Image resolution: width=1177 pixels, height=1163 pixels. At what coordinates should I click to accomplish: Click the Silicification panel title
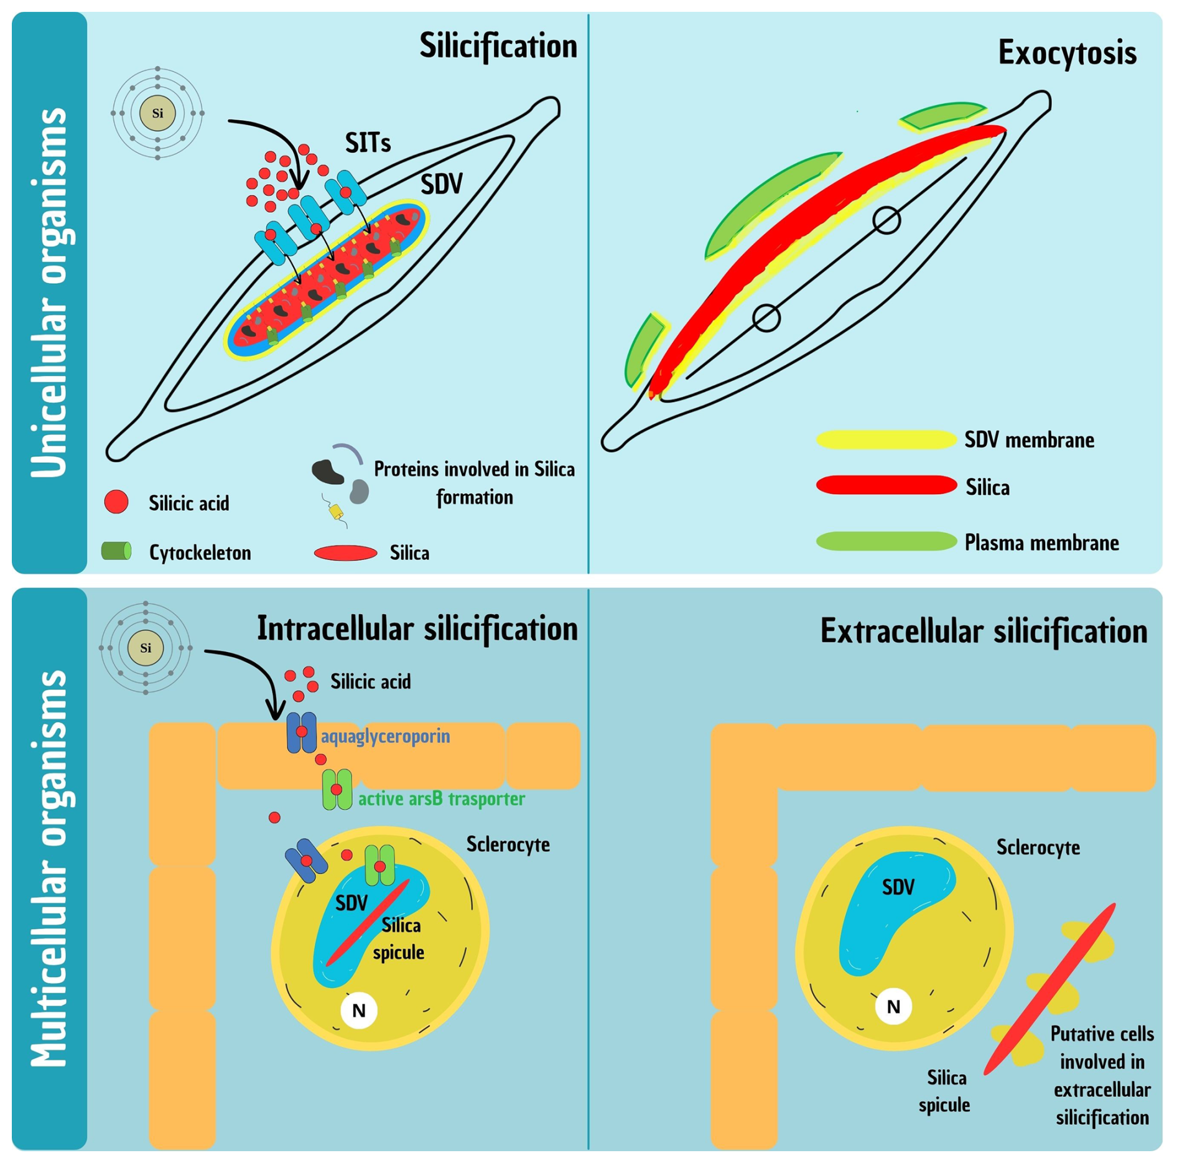pyautogui.click(x=498, y=47)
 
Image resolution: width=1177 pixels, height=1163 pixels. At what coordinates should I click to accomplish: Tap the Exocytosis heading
pyautogui.click(x=1067, y=53)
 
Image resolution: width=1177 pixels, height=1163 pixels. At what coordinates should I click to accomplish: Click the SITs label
pyautogui.click(x=368, y=143)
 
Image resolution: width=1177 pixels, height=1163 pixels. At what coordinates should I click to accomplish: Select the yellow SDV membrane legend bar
pyautogui.click(x=886, y=440)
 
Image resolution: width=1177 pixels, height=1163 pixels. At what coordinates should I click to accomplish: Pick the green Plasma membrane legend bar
pyautogui.click(x=886, y=541)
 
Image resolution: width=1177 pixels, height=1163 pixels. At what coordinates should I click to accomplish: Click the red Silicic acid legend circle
pyautogui.click(x=116, y=502)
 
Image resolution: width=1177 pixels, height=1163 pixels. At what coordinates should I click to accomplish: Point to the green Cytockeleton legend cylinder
pyautogui.click(x=116, y=551)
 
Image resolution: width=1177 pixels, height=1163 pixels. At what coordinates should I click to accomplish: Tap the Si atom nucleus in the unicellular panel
pyautogui.click(x=157, y=113)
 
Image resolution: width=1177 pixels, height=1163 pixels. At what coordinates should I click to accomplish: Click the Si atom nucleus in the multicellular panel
pyautogui.click(x=146, y=648)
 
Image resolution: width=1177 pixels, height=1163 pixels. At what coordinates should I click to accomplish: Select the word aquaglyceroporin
pyautogui.click(x=385, y=736)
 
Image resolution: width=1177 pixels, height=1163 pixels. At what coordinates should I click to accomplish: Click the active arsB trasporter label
pyautogui.click(x=441, y=798)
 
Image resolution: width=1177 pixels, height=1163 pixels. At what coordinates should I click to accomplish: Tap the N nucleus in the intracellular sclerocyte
pyautogui.click(x=359, y=1011)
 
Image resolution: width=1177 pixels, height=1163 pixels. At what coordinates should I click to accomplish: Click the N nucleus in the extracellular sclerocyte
pyautogui.click(x=893, y=1006)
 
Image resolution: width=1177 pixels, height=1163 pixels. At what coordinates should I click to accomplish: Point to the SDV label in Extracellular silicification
pyautogui.click(x=898, y=887)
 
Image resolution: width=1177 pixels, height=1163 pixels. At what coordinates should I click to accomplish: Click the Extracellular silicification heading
pyautogui.click(x=984, y=631)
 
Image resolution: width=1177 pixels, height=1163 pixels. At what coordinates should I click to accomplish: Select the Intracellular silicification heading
pyautogui.click(x=417, y=628)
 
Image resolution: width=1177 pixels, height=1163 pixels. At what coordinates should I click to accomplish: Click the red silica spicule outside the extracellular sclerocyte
pyautogui.click(x=1049, y=989)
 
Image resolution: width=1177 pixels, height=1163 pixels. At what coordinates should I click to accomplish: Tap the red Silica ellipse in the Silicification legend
pyautogui.click(x=345, y=553)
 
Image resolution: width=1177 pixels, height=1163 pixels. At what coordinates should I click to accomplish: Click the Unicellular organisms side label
pyautogui.click(x=49, y=292)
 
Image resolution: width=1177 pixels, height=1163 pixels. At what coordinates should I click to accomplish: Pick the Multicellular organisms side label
pyautogui.click(x=49, y=868)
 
